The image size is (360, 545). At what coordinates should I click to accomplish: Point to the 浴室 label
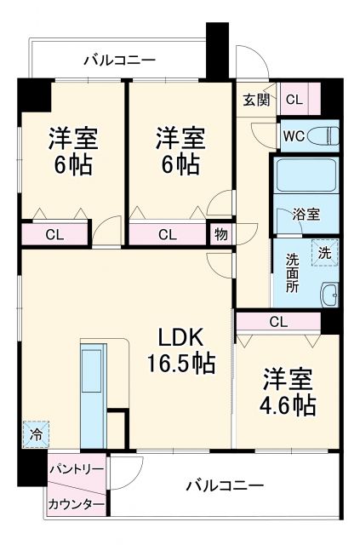pyautogui.click(x=306, y=215)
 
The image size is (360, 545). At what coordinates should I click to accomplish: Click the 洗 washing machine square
pyautogui.click(x=324, y=252)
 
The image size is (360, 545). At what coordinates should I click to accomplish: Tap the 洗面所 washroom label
pyautogui.click(x=291, y=273)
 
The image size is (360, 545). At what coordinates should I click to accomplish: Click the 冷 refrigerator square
pyautogui.click(x=36, y=434)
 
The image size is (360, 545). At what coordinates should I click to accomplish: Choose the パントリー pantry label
pyautogui.click(x=76, y=469)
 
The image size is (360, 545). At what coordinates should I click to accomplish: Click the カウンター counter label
pyautogui.click(x=76, y=505)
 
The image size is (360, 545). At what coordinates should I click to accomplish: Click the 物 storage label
pyautogui.click(x=220, y=234)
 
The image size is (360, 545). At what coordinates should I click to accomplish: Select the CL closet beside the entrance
pyautogui.click(x=294, y=100)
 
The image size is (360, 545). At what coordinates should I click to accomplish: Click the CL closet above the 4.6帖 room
pyautogui.click(x=277, y=322)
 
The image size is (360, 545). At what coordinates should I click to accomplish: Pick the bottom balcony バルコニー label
pyautogui.click(x=225, y=486)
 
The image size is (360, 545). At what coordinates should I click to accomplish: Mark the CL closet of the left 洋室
pyautogui.click(x=54, y=234)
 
